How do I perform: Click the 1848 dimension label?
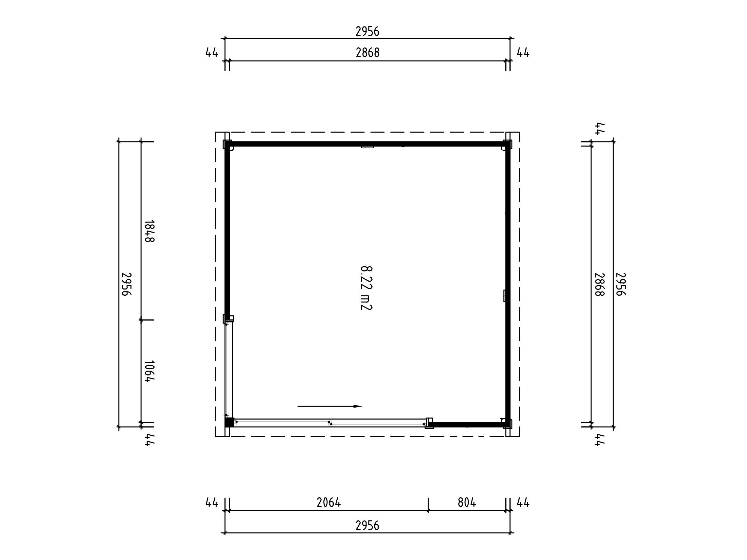pyautogui.click(x=150, y=231)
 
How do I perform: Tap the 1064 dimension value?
pyautogui.click(x=150, y=371)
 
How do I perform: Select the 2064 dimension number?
pyautogui.click(x=329, y=503)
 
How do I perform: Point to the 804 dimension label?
pyautogui.click(x=467, y=503)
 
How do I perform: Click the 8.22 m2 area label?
pyautogui.click(x=366, y=288)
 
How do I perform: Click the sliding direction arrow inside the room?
pyautogui.click(x=329, y=406)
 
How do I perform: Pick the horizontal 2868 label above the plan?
pyautogui.click(x=368, y=53)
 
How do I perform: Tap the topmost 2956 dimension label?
pyautogui.click(x=367, y=31)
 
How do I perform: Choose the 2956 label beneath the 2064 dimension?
pyautogui.click(x=367, y=526)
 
